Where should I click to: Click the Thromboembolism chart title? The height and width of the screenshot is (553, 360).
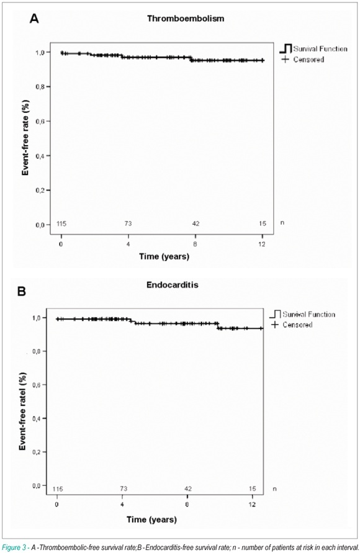[186, 19]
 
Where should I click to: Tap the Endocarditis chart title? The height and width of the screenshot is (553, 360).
[173, 285]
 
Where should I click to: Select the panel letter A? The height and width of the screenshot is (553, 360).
[34, 19]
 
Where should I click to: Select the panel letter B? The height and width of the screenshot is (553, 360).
[22, 292]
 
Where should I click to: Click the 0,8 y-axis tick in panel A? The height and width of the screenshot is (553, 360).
[40, 87]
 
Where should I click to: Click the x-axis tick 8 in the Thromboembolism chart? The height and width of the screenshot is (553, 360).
[195, 244]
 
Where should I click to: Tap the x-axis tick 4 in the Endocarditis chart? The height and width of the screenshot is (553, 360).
[122, 505]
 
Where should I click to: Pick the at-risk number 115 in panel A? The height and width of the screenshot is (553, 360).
[61, 223]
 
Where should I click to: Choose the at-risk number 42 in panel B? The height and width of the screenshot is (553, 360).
[188, 489]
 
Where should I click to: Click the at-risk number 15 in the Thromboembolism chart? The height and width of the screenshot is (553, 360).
[263, 223]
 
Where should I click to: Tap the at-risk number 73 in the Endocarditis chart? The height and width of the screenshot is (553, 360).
[124, 489]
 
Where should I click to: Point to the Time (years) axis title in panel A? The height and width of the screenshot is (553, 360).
[164, 256]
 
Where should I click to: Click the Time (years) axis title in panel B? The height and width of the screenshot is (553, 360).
[151, 519]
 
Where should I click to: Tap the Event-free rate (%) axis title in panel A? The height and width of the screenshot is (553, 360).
[25, 138]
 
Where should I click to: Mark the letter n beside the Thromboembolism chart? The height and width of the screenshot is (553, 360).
[282, 223]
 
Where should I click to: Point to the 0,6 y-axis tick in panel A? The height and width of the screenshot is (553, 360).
[40, 121]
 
